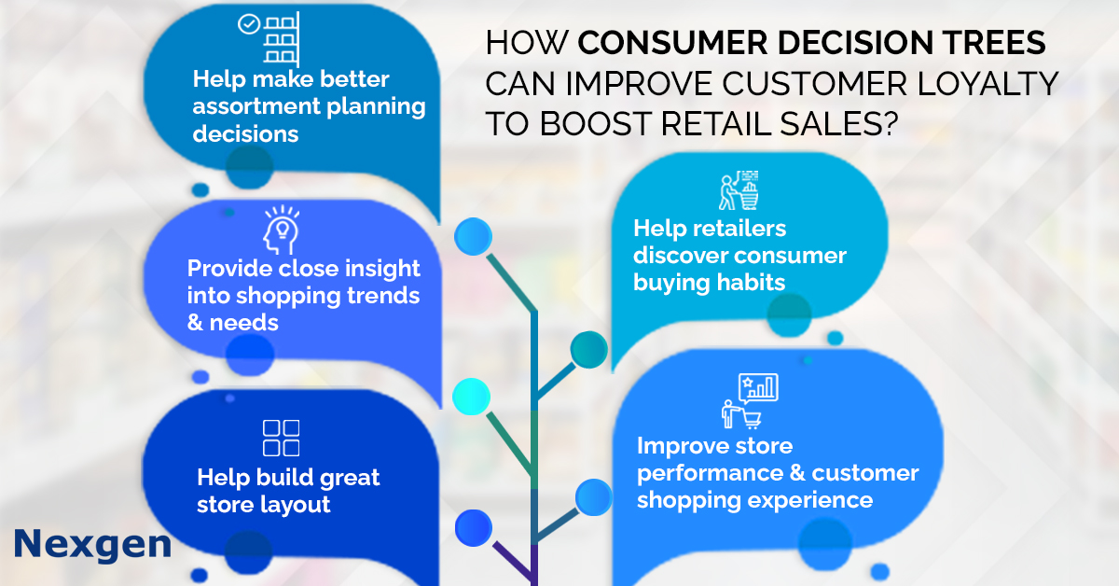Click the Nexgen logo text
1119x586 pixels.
click(x=92, y=543)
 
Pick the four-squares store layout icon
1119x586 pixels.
click(x=281, y=439)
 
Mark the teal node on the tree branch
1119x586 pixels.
click(x=588, y=350)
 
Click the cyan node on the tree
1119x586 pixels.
click(x=472, y=396)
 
